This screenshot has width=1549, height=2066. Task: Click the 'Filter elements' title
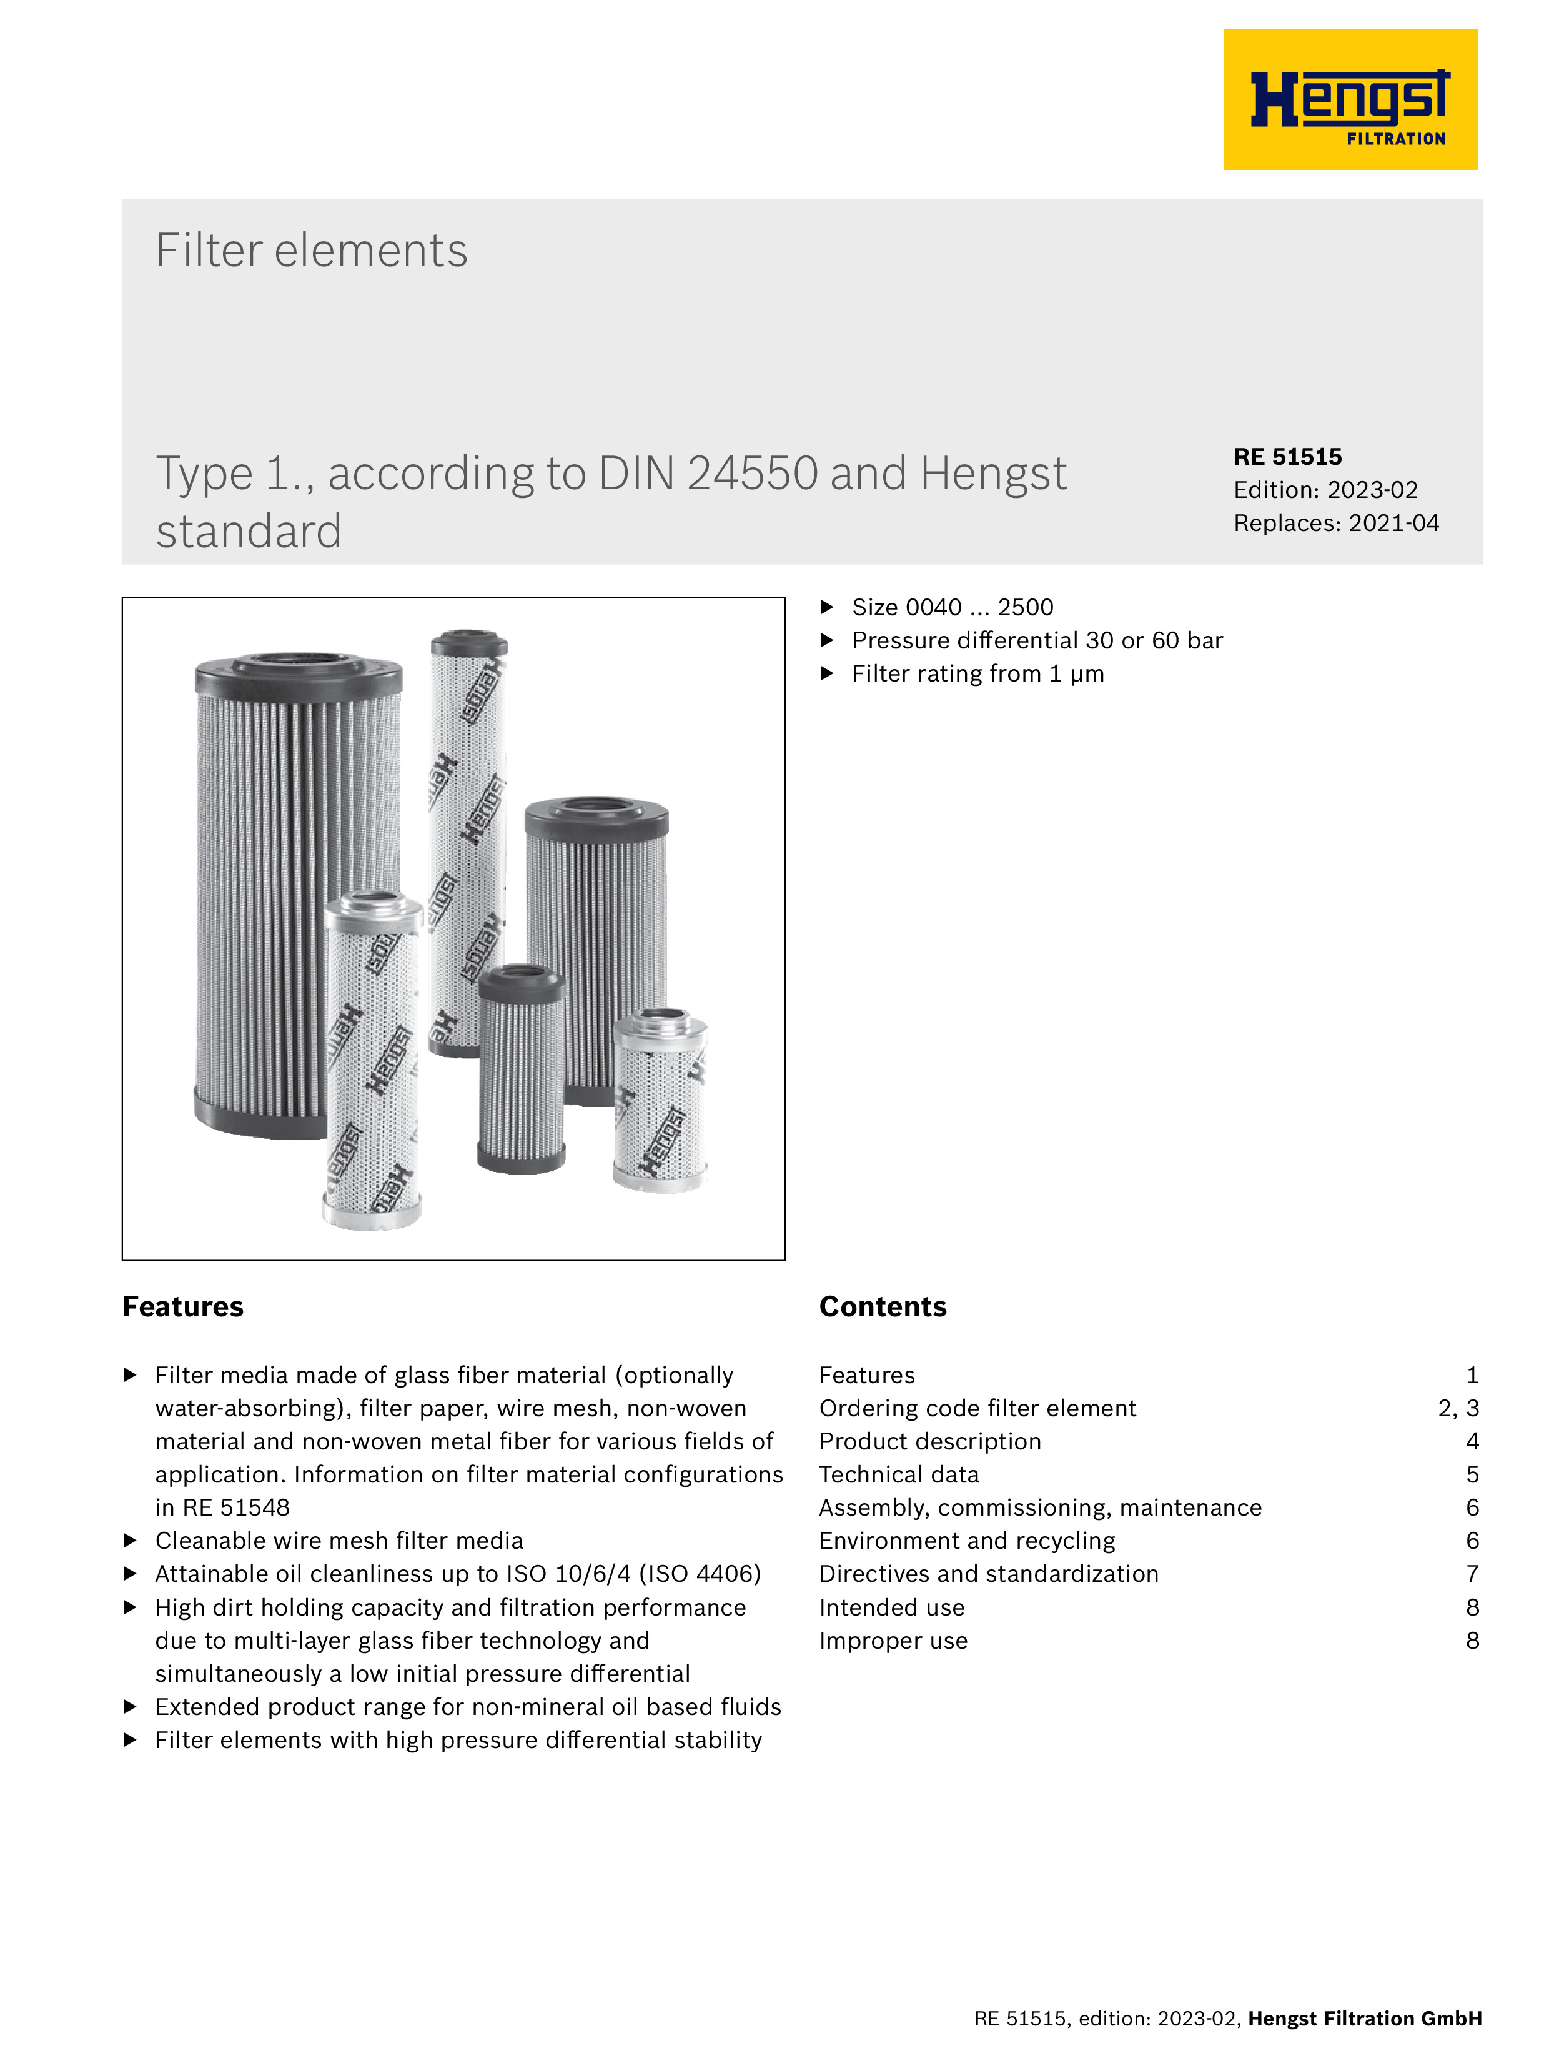(x=311, y=251)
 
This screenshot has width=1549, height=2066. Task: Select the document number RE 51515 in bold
(x=1287, y=457)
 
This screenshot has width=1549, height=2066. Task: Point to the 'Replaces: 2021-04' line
(x=1335, y=523)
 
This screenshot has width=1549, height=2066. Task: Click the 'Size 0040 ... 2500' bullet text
(x=951, y=608)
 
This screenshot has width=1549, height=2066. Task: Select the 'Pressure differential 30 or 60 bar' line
(x=1036, y=641)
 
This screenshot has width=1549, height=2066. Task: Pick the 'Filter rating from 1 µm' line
(x=977, y=674)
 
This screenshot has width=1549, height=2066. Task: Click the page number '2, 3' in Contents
(x=1458, y=1409)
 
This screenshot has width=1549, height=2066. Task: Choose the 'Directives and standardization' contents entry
(x=988, y=1574)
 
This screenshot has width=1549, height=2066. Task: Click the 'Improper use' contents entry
(x=893, y=1641)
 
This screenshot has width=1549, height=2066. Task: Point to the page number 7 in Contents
(x=1472, y=1574)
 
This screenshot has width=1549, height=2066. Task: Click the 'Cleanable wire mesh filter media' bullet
(x=339, y=1541)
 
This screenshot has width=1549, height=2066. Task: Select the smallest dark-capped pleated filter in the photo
(x=521, y=1070)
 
